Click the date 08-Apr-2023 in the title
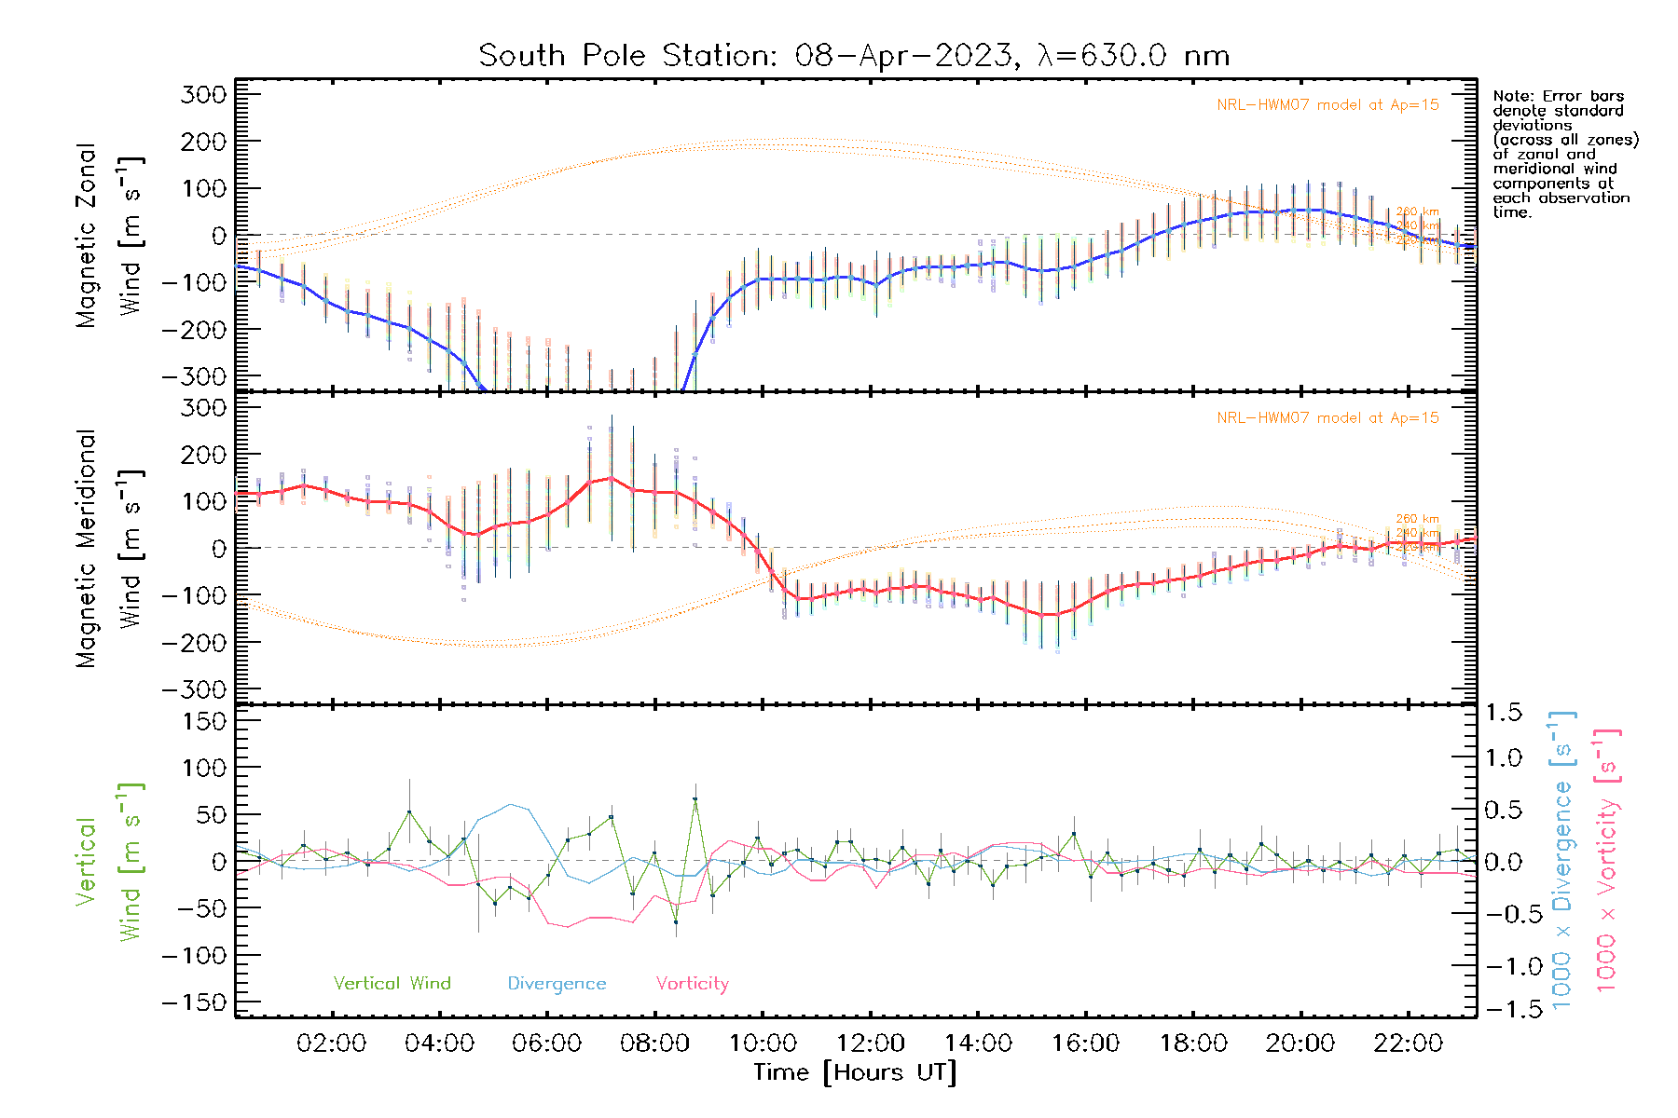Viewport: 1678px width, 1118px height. pyautogui.click(x=903, y=56)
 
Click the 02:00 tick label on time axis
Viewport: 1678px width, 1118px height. pyautogui.click(x=331, y=1043)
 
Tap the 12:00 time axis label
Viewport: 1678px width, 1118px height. pyautogui.click(x=870, y=1043)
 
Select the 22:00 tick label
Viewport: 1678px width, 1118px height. pyautogui.click(x=1408, y=1043)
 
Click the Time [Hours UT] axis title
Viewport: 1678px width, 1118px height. pyautogui.click(x=855, y=1072)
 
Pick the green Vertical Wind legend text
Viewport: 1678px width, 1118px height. pyautogui.click(x=392, y=984)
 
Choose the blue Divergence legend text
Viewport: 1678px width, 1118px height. pyautogui.click(x=557, y=984)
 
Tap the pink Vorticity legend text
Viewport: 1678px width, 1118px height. pyautogui.click(x=692, y=984)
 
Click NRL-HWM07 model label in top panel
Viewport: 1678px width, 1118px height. pyautogui.click(x=1327, y=105)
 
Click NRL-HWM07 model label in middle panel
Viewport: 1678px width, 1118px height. pyautogui.click(x=1327, y=418)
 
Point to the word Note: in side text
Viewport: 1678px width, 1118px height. pyautogui.click(x=1513, y=96)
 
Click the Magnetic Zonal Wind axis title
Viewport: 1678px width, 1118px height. pyautogui.click(x=110, y=235)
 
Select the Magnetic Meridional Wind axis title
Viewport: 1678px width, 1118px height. pyautogui.click(x=110, y=548)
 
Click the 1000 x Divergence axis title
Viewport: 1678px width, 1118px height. pyautogui.click(x=1562, y=859)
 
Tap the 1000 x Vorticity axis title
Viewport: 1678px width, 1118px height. pyautogui.click(x=1607, y=859)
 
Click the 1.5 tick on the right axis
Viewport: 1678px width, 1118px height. pyautogui.click(x=1503, y=713)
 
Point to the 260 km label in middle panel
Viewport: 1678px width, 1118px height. pyautogui.click(x=1417, y=519)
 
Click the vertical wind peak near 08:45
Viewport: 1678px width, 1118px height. pyautogui.click(x=695, y=799)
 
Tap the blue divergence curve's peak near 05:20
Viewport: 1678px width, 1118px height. pyautogui.click(x=510, y=804)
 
